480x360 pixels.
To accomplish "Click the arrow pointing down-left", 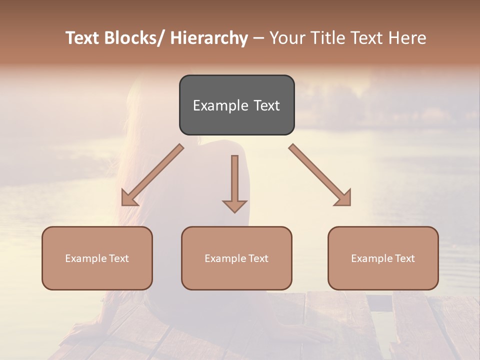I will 152,175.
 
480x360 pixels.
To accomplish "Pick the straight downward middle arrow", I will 234,182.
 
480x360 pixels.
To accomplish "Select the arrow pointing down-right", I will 320,175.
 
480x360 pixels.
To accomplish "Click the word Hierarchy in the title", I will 209,38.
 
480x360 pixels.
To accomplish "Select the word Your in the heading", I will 285,38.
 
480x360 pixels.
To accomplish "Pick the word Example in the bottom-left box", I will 86,258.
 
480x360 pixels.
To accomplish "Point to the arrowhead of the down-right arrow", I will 344,199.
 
